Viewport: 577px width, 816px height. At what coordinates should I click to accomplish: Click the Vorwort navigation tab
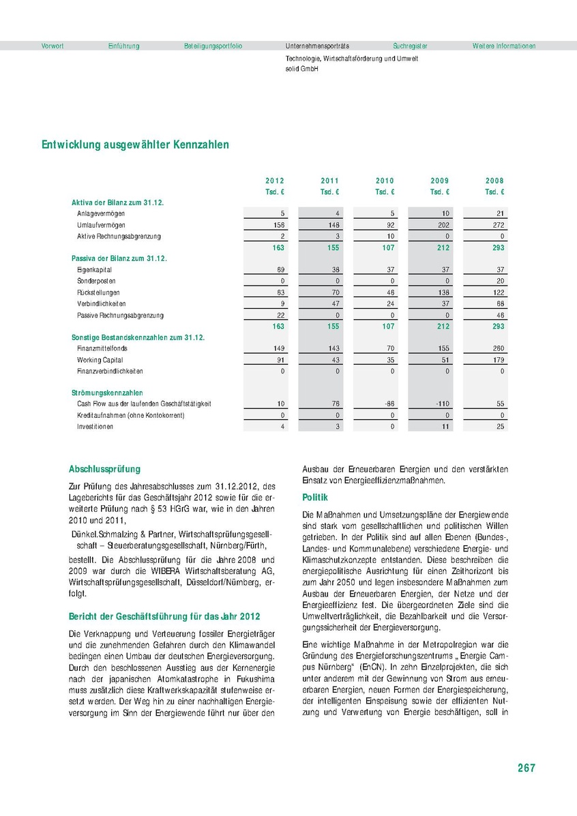(53, 46)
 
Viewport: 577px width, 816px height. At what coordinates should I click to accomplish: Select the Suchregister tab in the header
(410, 46)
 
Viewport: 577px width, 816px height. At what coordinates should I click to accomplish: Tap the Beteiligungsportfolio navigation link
(213, 46)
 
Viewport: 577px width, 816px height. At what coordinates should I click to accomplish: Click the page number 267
(526, 768)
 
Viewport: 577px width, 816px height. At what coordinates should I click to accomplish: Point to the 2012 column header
(275, 181)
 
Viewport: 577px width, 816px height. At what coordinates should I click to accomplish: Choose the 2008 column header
(494, 181)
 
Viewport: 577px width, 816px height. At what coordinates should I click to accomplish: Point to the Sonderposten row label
(96, 281)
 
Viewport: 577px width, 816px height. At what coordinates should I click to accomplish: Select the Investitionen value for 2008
(500, 427)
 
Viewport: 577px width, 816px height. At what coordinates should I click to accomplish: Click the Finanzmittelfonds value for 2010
(389, 348)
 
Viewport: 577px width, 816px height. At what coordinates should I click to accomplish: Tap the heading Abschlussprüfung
(104, 469)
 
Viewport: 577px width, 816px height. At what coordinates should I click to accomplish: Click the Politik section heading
(315, 498)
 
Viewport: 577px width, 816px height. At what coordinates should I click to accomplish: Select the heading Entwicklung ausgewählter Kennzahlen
(135, 145)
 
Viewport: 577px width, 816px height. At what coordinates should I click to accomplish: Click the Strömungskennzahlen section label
(107, 393)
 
